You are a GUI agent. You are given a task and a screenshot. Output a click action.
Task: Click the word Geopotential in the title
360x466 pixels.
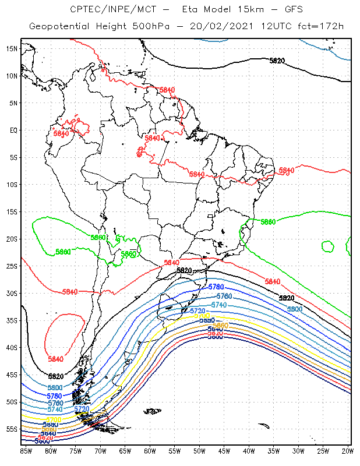pos(57,27)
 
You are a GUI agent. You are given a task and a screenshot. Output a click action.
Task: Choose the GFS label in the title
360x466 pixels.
pos(282,10)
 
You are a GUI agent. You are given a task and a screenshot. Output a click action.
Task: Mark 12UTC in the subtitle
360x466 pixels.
pos(273,27)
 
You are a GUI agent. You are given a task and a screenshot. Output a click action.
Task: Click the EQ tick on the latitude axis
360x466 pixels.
pos(13,130)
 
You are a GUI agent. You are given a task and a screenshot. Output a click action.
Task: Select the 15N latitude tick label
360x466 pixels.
pos(12,48)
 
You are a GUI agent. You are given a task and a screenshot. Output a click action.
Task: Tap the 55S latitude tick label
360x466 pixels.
pos(12,429)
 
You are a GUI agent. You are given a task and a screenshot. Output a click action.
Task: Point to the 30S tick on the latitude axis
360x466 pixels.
pos(12,293)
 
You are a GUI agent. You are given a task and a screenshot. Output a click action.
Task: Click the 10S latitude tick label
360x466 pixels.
pos(12,184)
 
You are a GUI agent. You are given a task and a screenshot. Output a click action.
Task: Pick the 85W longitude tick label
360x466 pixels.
pos(26,450)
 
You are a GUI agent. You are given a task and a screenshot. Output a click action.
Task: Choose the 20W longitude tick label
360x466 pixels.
pos(347,450)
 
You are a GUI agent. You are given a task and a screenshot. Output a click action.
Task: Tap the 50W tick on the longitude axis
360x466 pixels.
pos(199,450)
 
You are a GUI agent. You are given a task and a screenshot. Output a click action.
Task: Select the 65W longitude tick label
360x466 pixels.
pos(125,450)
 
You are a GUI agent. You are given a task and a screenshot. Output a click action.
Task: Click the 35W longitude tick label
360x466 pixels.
pos(273,450)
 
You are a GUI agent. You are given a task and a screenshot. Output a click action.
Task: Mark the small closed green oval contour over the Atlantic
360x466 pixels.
pos(327,246)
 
